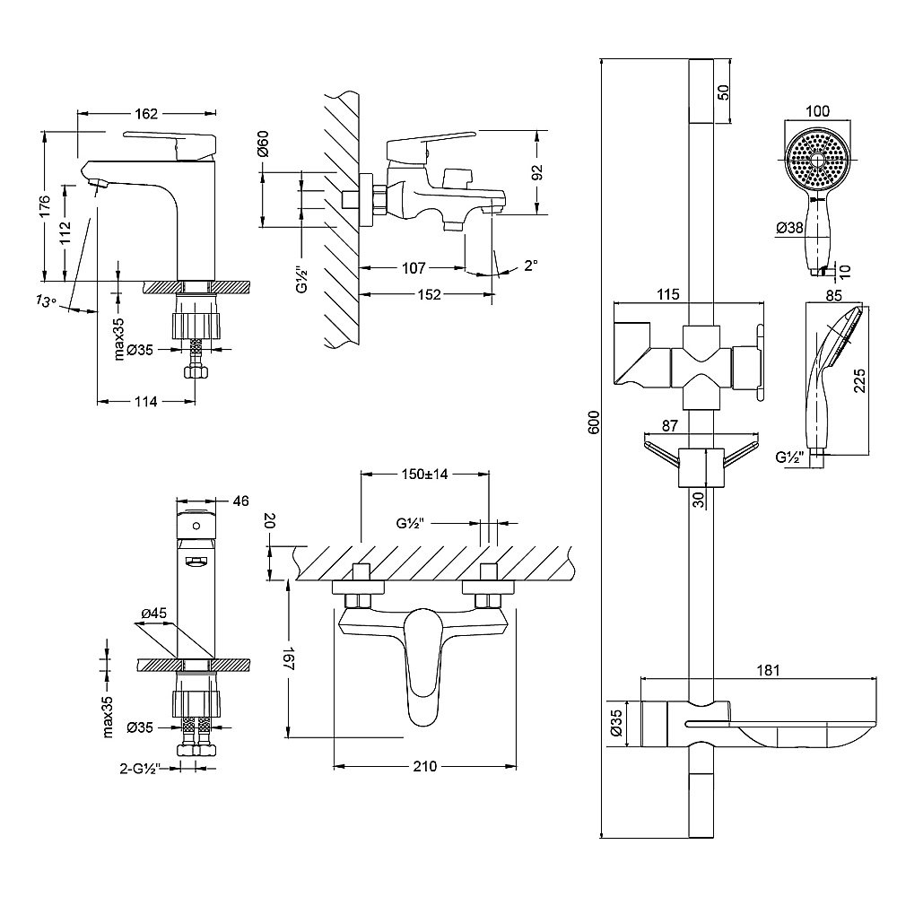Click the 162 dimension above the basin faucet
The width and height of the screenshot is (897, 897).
click(146, 114)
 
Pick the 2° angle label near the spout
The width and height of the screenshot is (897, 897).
click(530, 266)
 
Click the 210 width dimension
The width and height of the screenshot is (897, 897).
click(425, 767)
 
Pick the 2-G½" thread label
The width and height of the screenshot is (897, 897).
click(139, 768)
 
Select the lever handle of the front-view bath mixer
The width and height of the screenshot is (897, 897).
click(423, 664)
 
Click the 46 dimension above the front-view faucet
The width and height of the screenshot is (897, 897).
click(239, 501)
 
